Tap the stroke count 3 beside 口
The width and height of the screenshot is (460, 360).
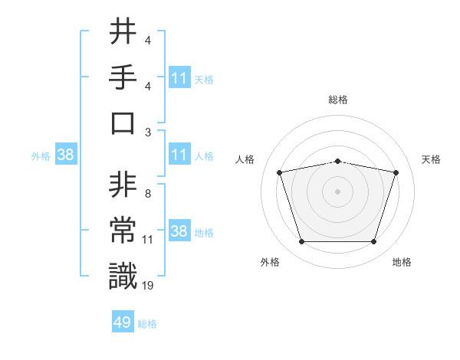coord(147,132)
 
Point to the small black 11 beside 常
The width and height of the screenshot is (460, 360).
coord(148,240)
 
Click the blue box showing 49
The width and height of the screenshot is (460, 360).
coord(122,322)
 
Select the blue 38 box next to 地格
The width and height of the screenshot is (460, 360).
coord(179,231)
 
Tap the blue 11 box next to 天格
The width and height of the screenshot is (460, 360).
coord(179,77)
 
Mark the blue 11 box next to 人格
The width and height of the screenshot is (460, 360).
coord(179,155)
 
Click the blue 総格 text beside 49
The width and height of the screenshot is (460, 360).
coord(148,324)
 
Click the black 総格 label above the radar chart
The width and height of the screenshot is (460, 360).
coord(337,100)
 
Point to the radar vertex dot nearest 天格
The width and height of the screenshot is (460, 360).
coord(396,172)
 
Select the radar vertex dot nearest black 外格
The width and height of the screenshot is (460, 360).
coord(301,241)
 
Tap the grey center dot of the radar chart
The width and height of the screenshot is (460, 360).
coord(337,191)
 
